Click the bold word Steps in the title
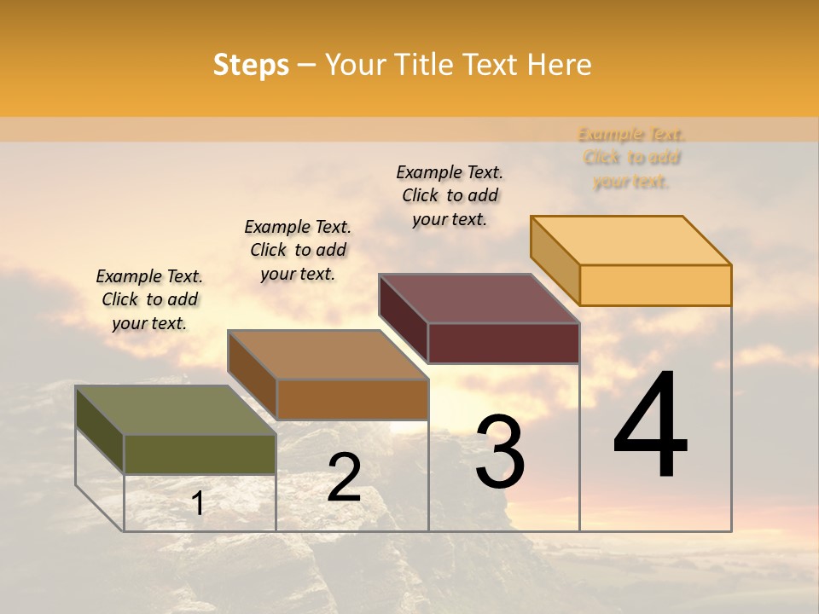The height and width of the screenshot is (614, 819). point(251,65)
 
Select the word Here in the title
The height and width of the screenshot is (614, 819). point(559,65)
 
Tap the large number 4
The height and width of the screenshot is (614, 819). point(651,426)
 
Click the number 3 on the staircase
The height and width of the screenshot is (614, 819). point(500,452)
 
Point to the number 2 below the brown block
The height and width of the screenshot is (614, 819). point(344,478)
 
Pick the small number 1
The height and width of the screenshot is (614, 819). point(198,503)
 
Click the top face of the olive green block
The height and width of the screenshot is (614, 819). point(175,410)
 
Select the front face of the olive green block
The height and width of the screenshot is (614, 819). point(200,454)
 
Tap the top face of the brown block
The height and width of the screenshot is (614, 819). point(328,355)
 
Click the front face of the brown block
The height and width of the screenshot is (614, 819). point(351,399)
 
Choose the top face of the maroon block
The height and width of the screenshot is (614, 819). point(479,298)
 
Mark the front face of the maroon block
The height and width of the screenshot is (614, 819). point(503,343)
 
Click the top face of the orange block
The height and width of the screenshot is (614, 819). point(630,240)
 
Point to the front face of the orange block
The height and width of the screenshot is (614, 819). point(655,285)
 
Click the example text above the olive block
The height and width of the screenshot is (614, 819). point(149,299)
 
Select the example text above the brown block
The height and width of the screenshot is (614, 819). point(298,250)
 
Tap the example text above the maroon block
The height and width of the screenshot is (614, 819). point(450,195)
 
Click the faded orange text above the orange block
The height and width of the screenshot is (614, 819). point(631,158)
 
